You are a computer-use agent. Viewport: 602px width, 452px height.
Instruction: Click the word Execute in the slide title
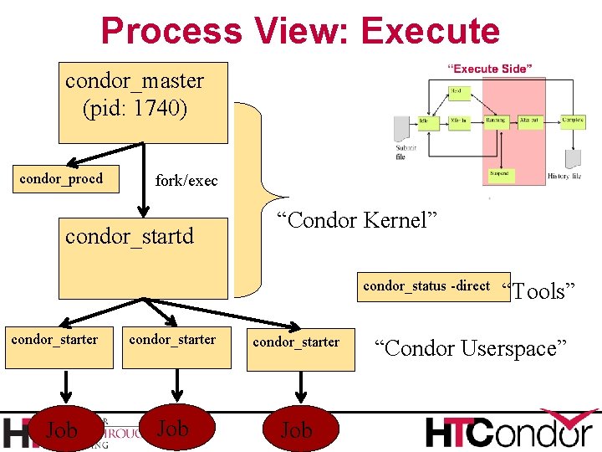coord(431,31)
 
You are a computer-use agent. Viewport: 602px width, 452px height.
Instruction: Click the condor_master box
coord(143,102)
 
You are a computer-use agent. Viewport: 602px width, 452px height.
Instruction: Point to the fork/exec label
coord(186,181)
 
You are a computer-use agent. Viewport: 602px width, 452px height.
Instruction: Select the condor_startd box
coord(143,258)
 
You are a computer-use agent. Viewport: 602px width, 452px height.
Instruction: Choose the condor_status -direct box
coord(426,286)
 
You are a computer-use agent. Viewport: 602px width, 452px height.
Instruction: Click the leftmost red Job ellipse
coord(61,430)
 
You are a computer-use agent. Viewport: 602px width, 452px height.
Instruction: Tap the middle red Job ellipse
coord(173,429)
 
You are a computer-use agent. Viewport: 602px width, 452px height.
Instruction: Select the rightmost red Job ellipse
coord(297,430)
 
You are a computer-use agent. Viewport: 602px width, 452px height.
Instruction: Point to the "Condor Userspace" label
coord(471,347)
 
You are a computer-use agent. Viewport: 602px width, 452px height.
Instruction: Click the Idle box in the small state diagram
coord(424,121)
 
